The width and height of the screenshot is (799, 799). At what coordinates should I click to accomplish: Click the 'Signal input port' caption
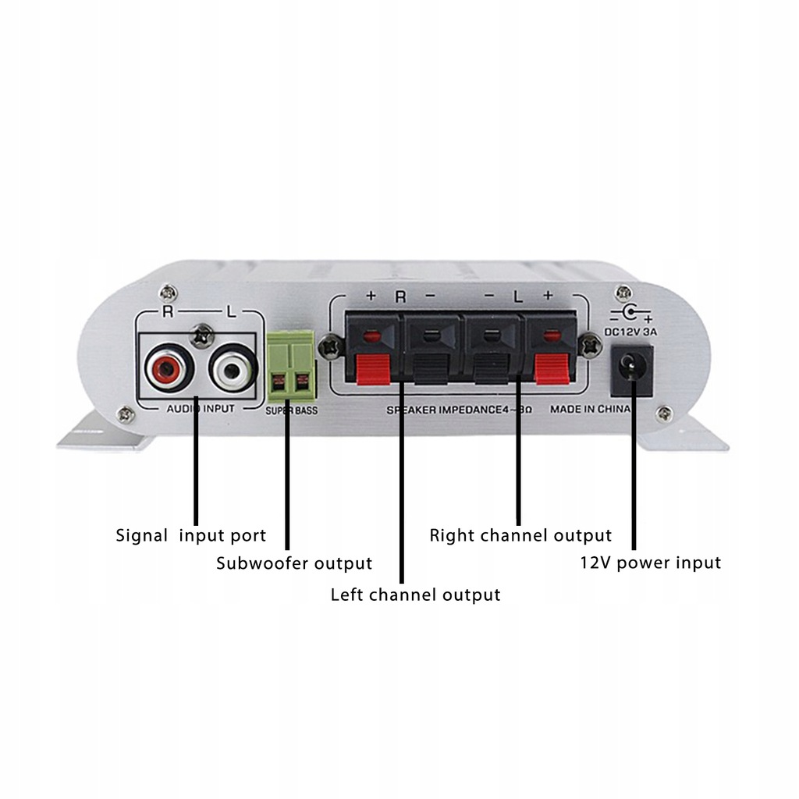coord(191,536)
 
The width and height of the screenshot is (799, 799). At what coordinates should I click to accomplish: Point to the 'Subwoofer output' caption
coord(294,563)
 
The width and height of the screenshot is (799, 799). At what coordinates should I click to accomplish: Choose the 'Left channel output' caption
coord(415,595)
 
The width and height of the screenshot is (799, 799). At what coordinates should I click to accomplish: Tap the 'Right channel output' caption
coord(520,536)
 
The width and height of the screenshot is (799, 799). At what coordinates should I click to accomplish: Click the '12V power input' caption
coord(650,563)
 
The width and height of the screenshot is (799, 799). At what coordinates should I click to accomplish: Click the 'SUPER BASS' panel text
coord(291,410)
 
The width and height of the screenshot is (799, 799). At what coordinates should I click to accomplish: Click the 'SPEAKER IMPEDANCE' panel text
coord(445,410)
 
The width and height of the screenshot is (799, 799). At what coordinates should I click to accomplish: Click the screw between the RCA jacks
coord(204,336)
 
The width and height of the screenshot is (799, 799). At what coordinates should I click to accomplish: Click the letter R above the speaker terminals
coord(400,297)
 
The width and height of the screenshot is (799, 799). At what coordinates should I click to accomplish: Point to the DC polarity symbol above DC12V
coord(631,313)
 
